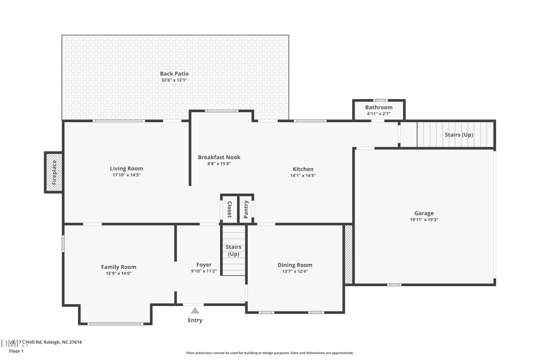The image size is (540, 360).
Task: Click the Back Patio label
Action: pos(174,74)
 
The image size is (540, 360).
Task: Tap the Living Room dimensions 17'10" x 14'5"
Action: pos(127,175)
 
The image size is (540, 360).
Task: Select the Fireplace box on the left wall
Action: pos(53,172)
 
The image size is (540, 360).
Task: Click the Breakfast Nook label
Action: pos(219,157)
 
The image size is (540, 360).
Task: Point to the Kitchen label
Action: pos(303,169)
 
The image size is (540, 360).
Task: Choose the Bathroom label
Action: pos(379,107)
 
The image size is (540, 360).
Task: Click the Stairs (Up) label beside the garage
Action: pos(458,135)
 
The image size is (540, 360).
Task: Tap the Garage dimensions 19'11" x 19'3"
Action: pos(424,220)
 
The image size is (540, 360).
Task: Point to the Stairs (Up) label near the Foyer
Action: pos(233,250)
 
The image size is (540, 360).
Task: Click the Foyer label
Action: pos(204,265)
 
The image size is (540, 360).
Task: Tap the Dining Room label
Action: pos(295,265)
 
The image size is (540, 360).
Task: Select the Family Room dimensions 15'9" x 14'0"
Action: pos(118,274)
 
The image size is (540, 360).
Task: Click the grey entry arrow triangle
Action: pos(194,310)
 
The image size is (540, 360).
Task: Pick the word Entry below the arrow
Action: pos(195,320)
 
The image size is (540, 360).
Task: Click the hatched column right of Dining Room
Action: pos(349,254)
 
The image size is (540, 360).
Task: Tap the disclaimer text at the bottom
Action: pos(270,353)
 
